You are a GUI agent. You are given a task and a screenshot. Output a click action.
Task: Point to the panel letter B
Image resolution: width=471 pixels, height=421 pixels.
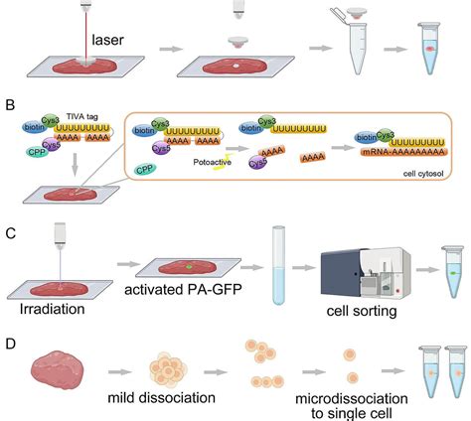click(9, 102)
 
